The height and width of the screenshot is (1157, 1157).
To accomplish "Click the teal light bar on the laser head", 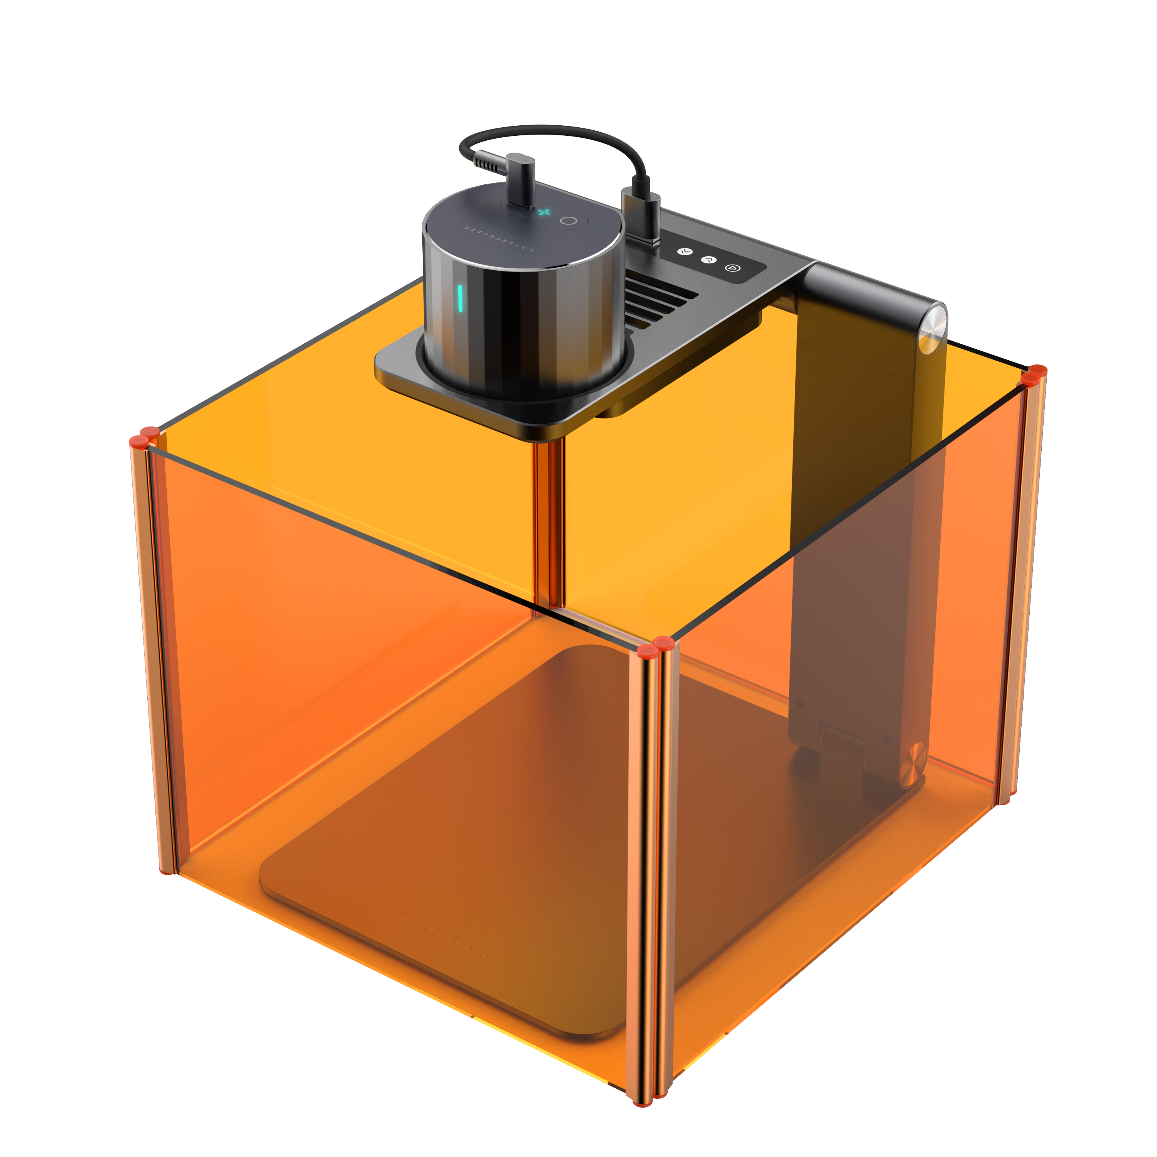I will pos(460,298).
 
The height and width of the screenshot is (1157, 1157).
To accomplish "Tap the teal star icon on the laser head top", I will pos(544,212).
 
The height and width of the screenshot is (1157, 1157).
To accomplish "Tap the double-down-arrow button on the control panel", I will pos(685,251).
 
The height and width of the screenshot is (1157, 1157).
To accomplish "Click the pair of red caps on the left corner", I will pos(144,437).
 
